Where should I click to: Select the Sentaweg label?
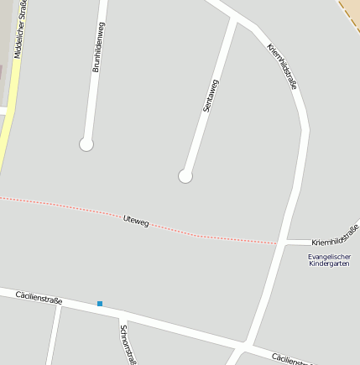210,95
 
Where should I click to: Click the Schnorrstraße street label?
127,345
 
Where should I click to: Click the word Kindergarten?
328,263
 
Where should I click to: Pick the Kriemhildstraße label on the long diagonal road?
283,65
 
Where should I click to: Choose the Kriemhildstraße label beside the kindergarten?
335,235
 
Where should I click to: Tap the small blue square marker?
99,303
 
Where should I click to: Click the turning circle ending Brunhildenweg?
86,144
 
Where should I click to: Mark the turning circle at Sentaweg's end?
185,176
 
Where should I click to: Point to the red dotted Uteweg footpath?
67,206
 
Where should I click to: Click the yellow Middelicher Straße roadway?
7,134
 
